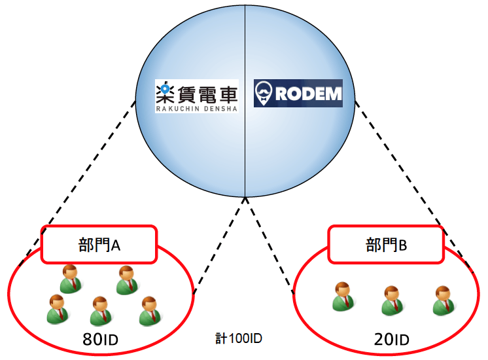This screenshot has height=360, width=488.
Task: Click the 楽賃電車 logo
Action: pos(196,96)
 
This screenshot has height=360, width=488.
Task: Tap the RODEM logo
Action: pos(298,94)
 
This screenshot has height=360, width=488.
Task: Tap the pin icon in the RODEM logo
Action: pos(264,94)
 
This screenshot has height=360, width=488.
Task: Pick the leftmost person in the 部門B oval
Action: pos(341,297)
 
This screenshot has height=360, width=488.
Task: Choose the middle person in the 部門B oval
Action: pos(391,300)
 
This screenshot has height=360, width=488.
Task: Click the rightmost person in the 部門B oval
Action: pos(443,300)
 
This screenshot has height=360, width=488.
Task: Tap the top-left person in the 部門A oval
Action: pos(69,279)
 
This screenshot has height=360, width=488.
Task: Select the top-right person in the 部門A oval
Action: pos(126,280)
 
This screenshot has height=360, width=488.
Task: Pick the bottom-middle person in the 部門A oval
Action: pos(99,311)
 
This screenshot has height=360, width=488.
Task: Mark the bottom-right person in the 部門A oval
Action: pos(150,311)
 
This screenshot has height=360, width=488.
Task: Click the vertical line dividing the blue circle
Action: pos(245,105)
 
